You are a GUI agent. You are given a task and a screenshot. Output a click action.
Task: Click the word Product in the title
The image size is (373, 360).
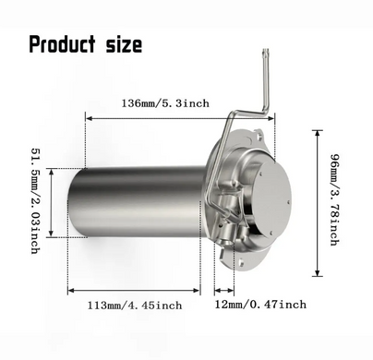(62, 44)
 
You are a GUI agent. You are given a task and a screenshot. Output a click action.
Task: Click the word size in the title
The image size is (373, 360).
(124, 45)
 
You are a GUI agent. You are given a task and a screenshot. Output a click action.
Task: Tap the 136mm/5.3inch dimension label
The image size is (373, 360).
(165, 103)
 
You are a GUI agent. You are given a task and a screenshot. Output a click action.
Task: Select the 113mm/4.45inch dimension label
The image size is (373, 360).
(135, 306)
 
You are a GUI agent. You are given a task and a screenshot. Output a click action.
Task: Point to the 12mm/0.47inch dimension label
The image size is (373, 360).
(260, 305)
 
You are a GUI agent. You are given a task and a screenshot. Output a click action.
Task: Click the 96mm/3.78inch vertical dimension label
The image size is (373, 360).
(335, 199)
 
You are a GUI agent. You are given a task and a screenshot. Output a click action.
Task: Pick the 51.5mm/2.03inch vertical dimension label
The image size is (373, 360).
(36, 201)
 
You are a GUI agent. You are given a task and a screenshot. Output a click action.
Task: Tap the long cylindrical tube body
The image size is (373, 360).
(136, 201)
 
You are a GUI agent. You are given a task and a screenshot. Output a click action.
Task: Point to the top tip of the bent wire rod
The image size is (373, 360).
(266, 49)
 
